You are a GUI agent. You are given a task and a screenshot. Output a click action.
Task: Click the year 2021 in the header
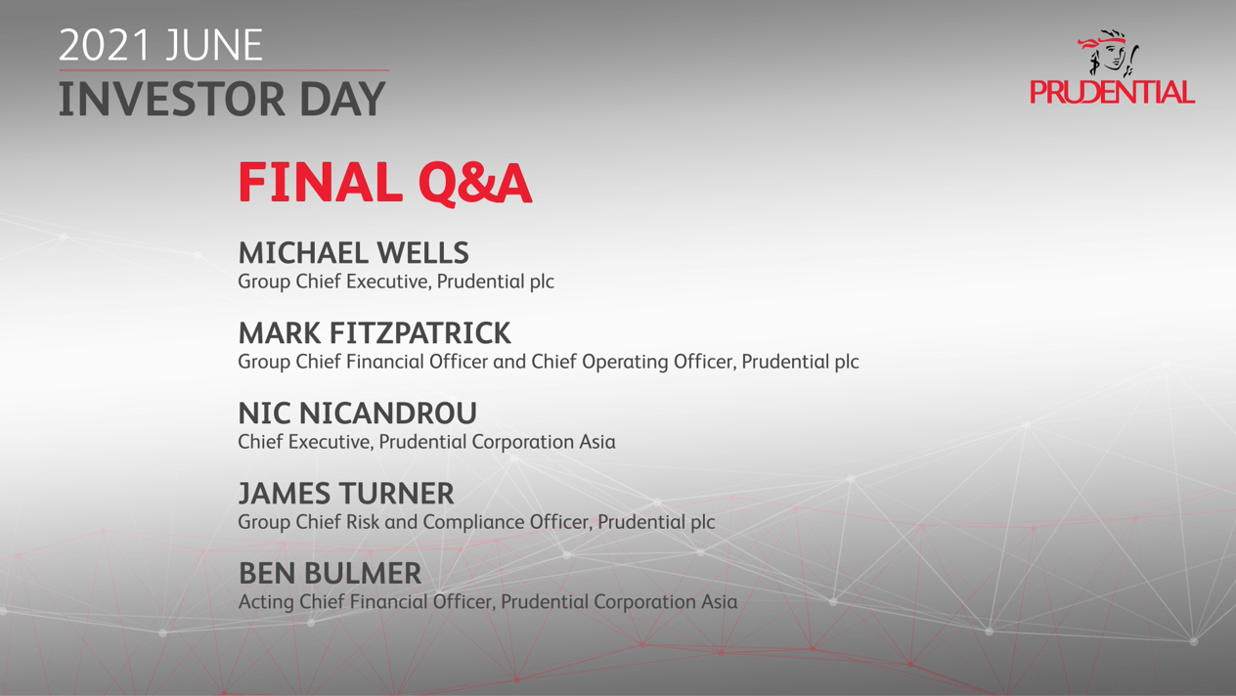tap(105, 45)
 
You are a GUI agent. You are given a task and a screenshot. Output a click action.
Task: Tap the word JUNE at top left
tap(214, 45)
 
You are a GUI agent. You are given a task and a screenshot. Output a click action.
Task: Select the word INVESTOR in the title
tap(171, 99)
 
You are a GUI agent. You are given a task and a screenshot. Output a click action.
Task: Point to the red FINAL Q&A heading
tap(385, 183)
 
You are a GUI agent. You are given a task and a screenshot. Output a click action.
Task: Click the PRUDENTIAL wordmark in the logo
tap(1112, 92)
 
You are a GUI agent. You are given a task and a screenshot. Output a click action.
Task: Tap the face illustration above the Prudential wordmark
tap(1109, 54)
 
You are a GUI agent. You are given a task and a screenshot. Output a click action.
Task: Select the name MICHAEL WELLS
tap(353, 252)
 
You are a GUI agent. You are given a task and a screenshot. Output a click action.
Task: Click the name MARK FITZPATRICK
tap(375, 333)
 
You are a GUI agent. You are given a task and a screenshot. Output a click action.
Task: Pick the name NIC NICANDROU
tap(357, 413)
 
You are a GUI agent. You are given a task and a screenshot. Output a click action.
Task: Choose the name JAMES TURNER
tap(346, 493)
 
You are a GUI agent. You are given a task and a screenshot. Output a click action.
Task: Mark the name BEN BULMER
tap(330, 573)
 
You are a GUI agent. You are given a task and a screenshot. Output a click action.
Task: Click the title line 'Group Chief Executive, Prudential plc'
tap(396, 282)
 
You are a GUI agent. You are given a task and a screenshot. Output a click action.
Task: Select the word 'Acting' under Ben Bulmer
tap(266, 602)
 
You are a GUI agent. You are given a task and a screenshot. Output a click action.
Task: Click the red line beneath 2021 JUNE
tap(224, 70)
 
